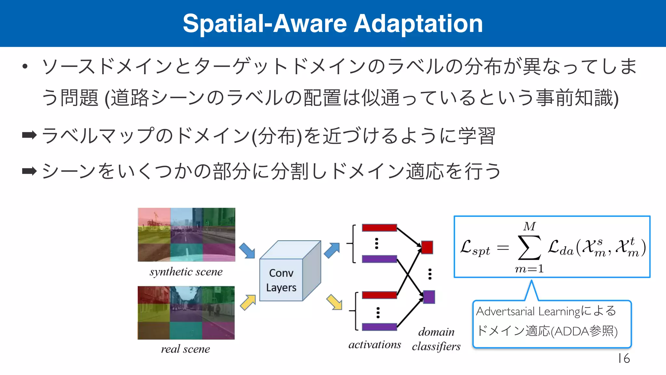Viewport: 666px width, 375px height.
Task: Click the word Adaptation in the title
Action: point(418,24)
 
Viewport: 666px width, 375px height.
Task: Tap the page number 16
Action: point(624,358)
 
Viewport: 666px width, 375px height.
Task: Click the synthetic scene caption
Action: point(186,272)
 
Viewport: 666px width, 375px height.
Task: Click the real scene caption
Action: point(185,349)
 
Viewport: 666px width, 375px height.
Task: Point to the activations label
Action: point(375,344)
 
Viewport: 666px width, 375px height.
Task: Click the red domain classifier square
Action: point(427,247)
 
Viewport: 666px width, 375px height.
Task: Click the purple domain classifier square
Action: point(429,297)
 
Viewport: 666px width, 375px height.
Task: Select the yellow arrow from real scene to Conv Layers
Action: point(248,302)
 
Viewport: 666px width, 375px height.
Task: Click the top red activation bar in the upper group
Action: point(379,228)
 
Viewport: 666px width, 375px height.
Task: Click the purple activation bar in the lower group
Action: point(379,327)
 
